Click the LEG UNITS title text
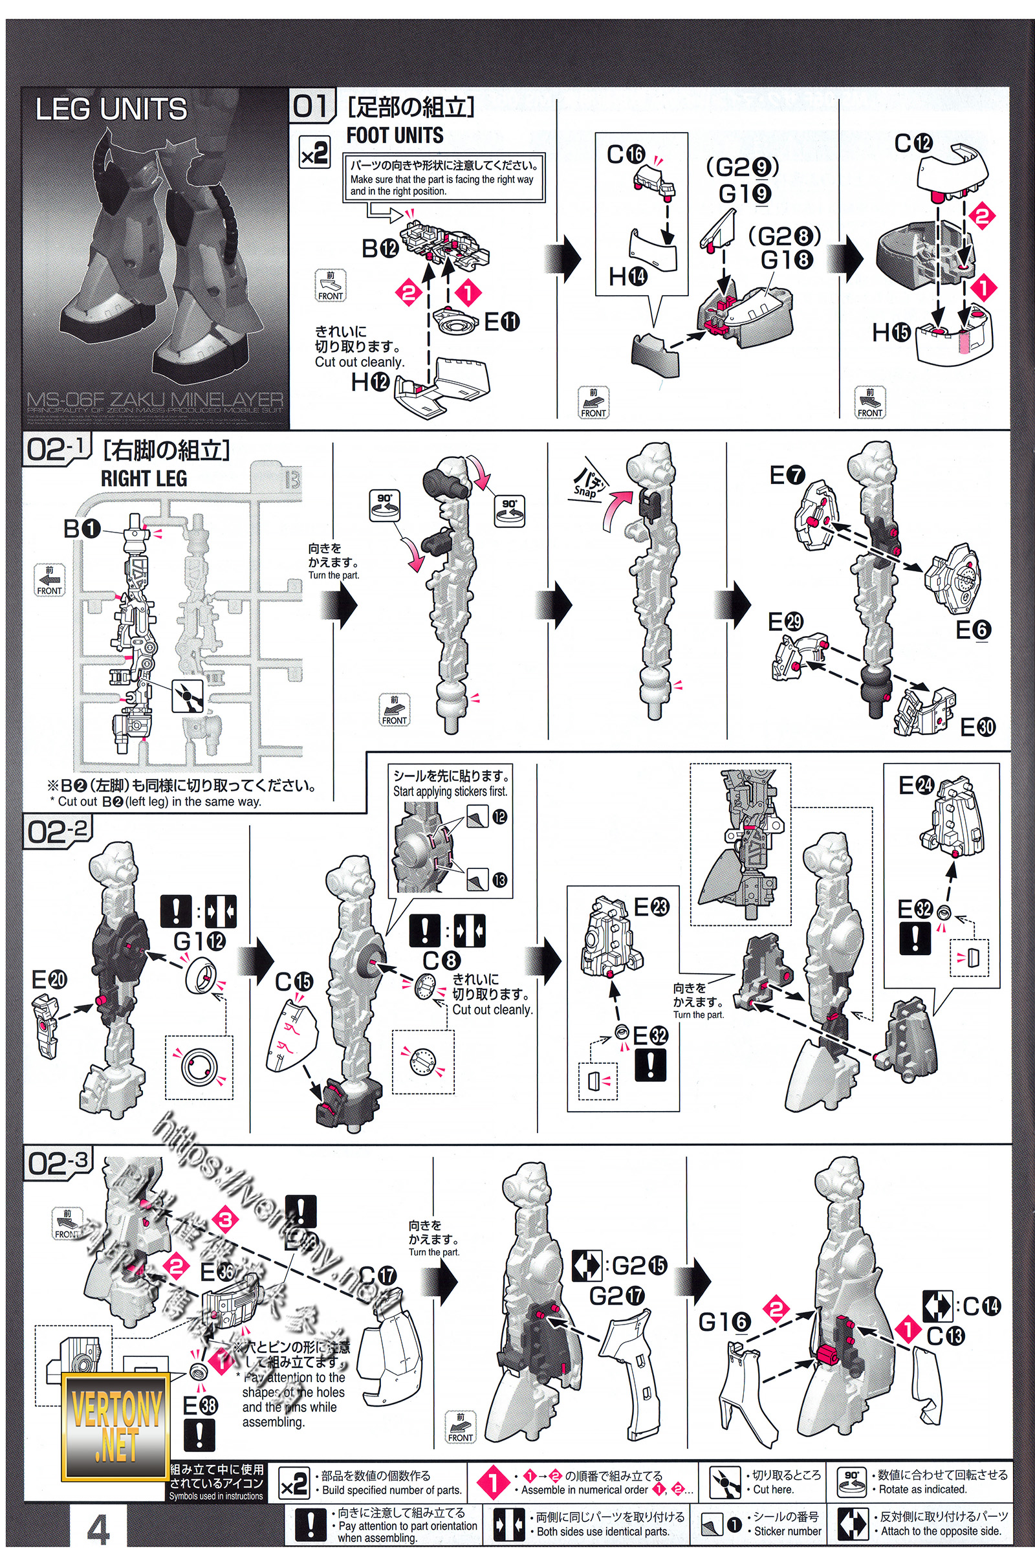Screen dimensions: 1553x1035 111,109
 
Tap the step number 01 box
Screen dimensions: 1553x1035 311,105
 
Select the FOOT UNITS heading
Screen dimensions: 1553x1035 395,135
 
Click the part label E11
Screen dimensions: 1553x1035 502,322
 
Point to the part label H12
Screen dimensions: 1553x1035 369,382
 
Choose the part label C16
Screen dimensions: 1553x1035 625,155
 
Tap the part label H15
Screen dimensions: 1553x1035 891,332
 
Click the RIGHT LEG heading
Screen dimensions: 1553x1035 144,478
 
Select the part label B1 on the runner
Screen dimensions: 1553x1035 82,528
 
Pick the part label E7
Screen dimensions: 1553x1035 787,475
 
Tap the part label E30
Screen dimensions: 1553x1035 977,727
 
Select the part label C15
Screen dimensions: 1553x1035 294,982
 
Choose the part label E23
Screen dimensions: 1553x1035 651,907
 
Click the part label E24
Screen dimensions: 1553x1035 916,785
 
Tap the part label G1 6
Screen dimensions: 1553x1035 724,1322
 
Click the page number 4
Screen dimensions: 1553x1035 98,1530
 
